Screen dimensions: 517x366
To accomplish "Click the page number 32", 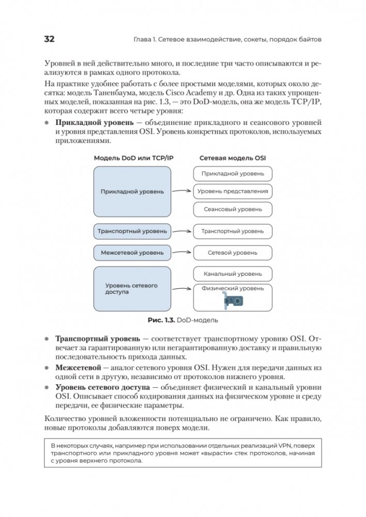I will [x=50, y=40].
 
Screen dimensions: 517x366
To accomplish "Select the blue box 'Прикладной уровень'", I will [x=132, y=191].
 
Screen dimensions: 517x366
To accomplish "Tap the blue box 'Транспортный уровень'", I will [x=132, y=231].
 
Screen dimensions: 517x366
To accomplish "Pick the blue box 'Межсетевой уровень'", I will [x=132, y=253].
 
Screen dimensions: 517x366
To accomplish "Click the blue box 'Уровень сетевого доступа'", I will [x=132, y=289].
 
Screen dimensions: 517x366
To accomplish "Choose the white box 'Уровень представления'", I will [x=233, y=191].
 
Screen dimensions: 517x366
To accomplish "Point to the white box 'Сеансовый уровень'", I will [x=233, y=209].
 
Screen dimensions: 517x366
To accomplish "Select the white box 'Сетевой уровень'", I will [x=233, y=253].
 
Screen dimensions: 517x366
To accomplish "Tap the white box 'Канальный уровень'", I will [x=233, y=274].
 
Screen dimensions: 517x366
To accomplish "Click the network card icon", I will [x=233, y=302].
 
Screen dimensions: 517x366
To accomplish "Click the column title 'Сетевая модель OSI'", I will [x=233, y=158].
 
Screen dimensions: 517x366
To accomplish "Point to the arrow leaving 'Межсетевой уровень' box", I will [x=182, y=253].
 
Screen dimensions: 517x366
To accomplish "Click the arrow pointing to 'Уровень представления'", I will [x=182, y=191].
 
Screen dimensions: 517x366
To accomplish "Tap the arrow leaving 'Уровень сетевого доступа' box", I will [x=182, y=289].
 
